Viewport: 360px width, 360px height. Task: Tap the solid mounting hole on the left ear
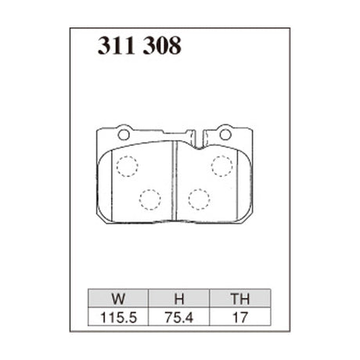(123, 134)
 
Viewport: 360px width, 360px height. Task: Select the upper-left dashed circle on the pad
(126, 166)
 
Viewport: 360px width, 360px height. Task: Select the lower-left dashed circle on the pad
(149, 199)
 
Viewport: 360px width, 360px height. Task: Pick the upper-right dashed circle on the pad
(222, 166)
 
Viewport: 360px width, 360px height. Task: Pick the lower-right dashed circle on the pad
(199, 199)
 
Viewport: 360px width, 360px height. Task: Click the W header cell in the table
(117, 297)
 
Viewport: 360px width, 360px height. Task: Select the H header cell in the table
(178, 297)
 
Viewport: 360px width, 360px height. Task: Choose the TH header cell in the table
(240, 297)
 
